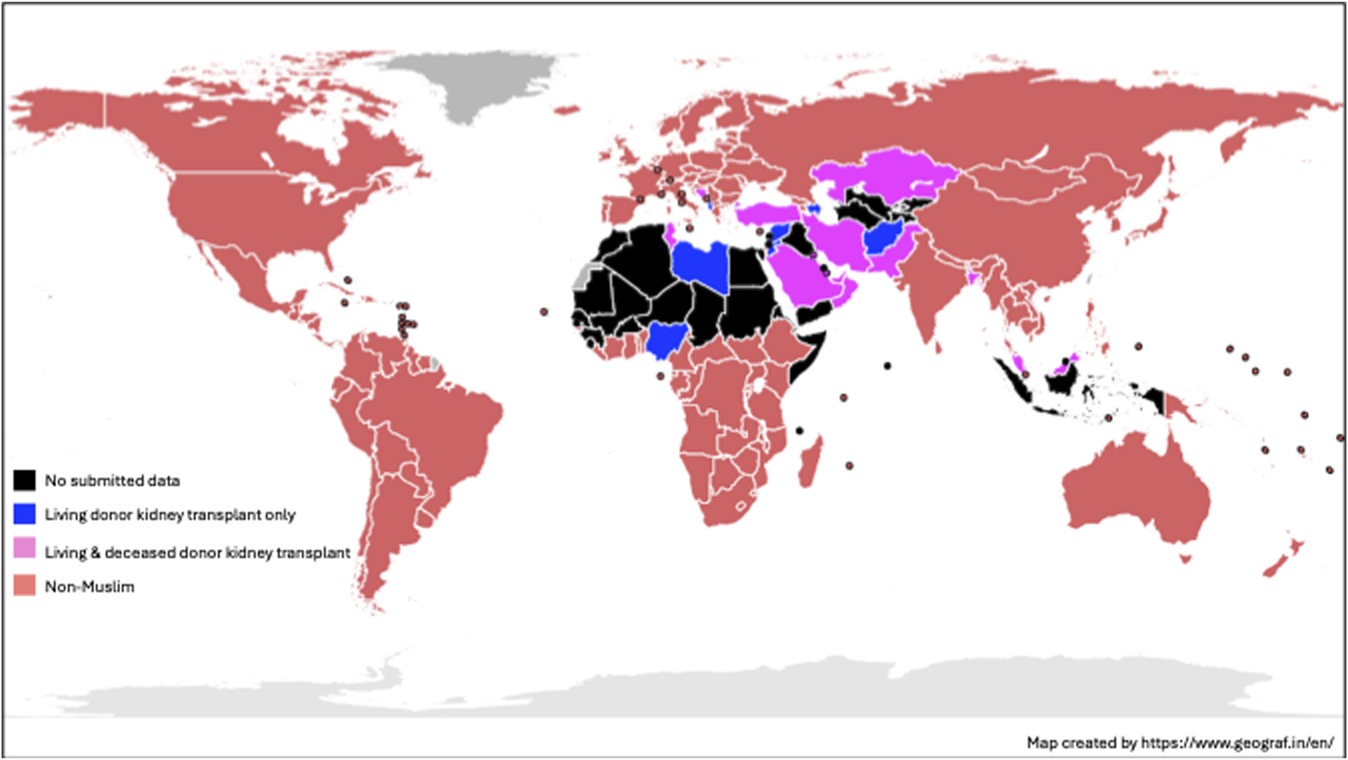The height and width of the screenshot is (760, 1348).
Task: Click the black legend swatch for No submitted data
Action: (24, 480)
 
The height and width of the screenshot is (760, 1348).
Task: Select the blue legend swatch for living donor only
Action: (24, 514)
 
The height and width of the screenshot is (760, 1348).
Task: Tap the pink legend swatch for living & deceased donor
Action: (24, 549)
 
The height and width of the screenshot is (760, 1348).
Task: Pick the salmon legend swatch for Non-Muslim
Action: (24, 585)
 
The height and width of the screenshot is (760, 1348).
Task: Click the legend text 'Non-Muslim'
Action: (90, 587)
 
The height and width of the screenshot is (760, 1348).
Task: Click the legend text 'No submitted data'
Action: (113, 481)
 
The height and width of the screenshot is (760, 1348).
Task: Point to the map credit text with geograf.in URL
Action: (1179, 743)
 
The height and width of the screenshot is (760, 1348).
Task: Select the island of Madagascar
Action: (811, 461)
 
